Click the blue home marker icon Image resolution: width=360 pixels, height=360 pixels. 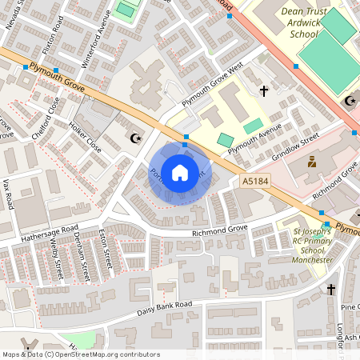click(180, 172)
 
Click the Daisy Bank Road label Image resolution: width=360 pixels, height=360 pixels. click(165, 308)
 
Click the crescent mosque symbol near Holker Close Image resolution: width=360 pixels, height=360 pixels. click(135, 138)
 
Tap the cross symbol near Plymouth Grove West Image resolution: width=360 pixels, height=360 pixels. click(264, 93)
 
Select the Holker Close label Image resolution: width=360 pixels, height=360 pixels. click(84, 138)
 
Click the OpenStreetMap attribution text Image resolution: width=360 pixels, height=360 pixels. click(80, 354)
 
